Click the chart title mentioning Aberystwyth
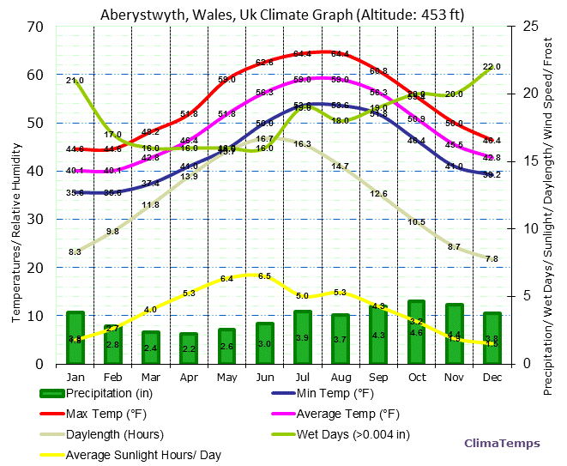pyautogui.click(x=283, y=14)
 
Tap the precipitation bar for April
pyautogui.click(x=189, y=348)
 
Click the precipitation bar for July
pyautogui.click(x=302, y=336)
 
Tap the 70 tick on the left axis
pyautogui.click(x=36, y=27)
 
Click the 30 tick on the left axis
pyautogui.click(x=36, y=220)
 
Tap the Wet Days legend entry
pyautogui.click(x=353, y=434)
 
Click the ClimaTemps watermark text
pyautogui.click(x=502, y=443)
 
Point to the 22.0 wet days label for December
pyautogui.click(x=492, y=67)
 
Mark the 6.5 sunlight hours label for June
pyautogui.click(x=264, y=276)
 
